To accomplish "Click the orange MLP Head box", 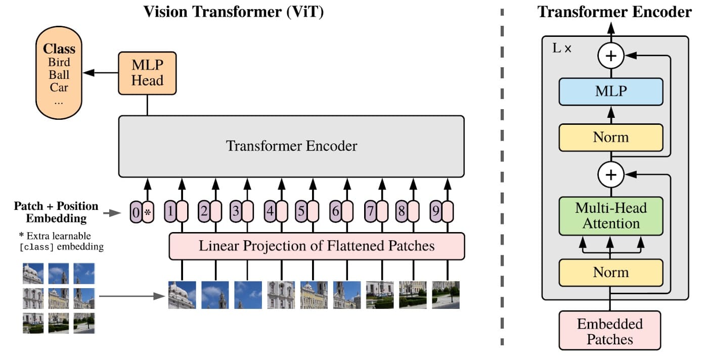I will [147, 73].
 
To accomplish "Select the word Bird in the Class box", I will [59, 63].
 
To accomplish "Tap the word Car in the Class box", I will [59, 87].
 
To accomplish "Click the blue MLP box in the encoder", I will [611, 92].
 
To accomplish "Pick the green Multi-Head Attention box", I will [611, 216].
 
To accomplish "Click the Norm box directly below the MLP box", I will [611, 137].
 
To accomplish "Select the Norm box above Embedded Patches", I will [611, 273].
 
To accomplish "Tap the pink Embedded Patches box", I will [610, 331].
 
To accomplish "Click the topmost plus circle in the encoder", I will [611, 56].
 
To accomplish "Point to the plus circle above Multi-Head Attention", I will [611, 175].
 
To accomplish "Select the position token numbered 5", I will [302, 212].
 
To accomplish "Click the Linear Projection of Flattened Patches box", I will [317, 246].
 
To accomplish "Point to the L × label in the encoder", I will [561, 50].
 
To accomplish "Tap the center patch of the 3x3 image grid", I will [59, 298].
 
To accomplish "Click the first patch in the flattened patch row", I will [182, 295].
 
